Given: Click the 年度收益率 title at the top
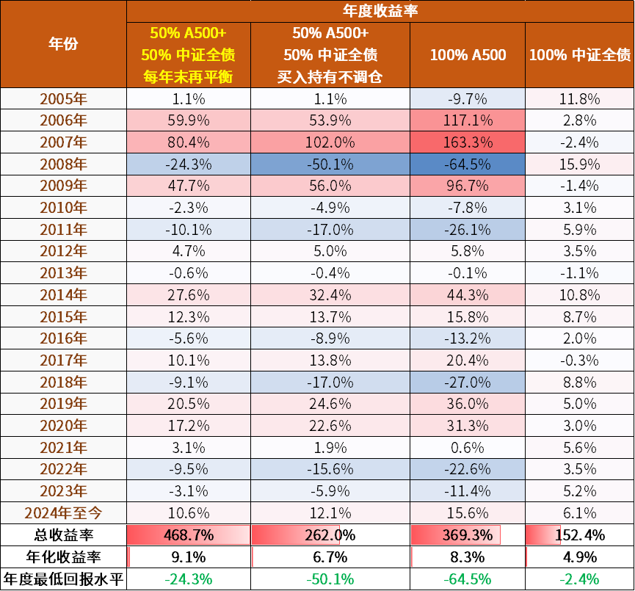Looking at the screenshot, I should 380,11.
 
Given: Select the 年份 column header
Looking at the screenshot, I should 62,44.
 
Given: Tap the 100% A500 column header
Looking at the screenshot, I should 468,55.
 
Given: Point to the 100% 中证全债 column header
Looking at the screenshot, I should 579,55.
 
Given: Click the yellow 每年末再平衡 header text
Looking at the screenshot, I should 188,76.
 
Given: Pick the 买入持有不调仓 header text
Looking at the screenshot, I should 330,76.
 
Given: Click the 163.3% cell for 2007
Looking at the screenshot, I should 468,142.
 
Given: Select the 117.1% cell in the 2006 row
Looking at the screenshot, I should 468,120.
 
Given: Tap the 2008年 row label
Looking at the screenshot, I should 62,164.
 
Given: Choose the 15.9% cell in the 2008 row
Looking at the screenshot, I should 579,164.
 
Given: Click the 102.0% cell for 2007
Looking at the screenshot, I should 330,142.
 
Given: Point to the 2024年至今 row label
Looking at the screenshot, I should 62,512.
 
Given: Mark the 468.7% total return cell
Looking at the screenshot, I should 188,534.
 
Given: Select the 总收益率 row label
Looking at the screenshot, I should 62,534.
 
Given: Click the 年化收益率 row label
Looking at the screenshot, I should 62,556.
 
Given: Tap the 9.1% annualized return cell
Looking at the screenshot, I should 188,556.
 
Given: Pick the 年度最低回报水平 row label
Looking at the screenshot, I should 62,579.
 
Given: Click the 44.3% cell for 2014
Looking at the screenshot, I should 468,295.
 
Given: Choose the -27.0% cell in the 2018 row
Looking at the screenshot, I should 468,382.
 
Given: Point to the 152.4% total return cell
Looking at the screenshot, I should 579,534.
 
